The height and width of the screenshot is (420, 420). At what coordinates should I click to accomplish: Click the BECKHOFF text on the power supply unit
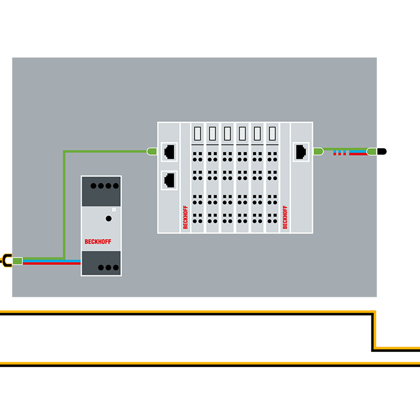pos(97,242)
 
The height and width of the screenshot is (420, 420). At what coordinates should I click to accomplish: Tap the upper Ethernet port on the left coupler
pos(170,151)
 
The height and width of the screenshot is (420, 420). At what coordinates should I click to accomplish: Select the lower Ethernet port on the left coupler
pos(170,179)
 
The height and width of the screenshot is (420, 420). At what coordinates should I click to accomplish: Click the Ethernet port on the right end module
pos(302,151)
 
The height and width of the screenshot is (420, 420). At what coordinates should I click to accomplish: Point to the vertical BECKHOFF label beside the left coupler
pos(185,217)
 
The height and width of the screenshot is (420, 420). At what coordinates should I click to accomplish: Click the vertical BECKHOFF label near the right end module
pos(285,217)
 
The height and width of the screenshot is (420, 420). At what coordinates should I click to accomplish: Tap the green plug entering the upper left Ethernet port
pos(152,151)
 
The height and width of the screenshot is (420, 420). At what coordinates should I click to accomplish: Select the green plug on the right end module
pos(318,151)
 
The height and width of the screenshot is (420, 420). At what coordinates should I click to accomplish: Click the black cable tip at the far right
pos(381,152)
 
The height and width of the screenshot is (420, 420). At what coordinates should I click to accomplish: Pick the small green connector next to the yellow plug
pos(17,260)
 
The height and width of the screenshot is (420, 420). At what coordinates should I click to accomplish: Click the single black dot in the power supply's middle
pos(108,218)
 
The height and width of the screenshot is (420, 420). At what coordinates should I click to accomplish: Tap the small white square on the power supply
pos(114,209)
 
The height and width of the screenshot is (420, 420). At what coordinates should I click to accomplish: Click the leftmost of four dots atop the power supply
pos(93,186)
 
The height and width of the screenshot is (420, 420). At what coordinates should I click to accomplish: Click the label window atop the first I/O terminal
pos(198,134)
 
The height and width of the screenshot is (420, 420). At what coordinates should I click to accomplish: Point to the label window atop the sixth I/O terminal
pos(272,134)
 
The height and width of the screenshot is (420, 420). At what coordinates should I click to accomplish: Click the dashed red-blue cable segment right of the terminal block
pos(341,153)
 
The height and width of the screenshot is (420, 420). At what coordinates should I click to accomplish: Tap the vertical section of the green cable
pos(63,204)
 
